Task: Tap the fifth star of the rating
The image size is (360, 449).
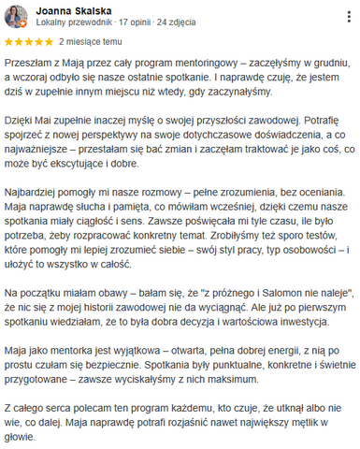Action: coord(48,42)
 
